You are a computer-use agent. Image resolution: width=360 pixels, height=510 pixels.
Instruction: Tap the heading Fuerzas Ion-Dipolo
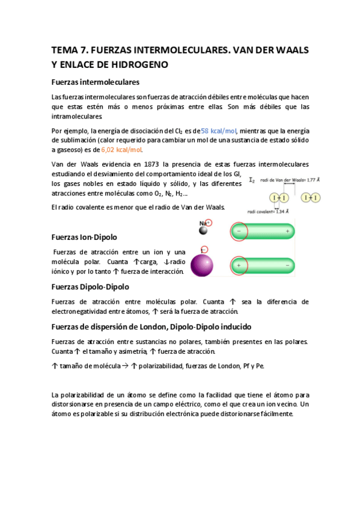point(84,237)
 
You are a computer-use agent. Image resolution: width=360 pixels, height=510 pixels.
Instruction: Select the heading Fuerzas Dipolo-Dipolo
point(90,287)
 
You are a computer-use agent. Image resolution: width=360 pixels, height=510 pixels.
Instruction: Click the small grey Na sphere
point(204,230)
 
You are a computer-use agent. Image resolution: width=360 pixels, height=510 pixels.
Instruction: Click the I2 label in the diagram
point(251,179)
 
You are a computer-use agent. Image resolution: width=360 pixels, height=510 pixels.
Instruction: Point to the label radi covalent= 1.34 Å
point(269,211)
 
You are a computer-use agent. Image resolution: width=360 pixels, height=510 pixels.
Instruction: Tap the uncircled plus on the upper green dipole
point(287,231)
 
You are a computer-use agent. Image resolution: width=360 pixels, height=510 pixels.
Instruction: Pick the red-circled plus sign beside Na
point(209,222)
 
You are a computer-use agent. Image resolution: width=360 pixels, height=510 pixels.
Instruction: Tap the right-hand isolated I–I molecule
point(311,197)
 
